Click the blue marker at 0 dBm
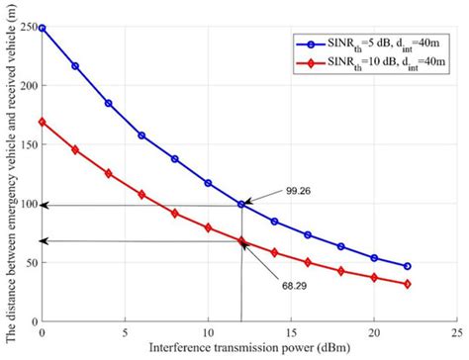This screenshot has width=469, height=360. coord(42,29)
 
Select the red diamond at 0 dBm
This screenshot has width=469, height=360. coord(42,123)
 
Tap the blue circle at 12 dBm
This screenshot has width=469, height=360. coord(241,205)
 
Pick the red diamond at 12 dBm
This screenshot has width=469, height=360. coord(241,240)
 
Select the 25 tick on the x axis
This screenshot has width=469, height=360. coord(457,334)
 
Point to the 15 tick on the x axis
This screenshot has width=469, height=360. coord(291,334)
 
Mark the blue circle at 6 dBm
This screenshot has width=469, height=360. coord(141,135)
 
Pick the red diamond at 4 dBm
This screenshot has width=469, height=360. coord(108,173)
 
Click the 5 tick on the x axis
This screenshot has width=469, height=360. coord(125,334)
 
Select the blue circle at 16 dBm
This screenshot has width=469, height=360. coord(308,235)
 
